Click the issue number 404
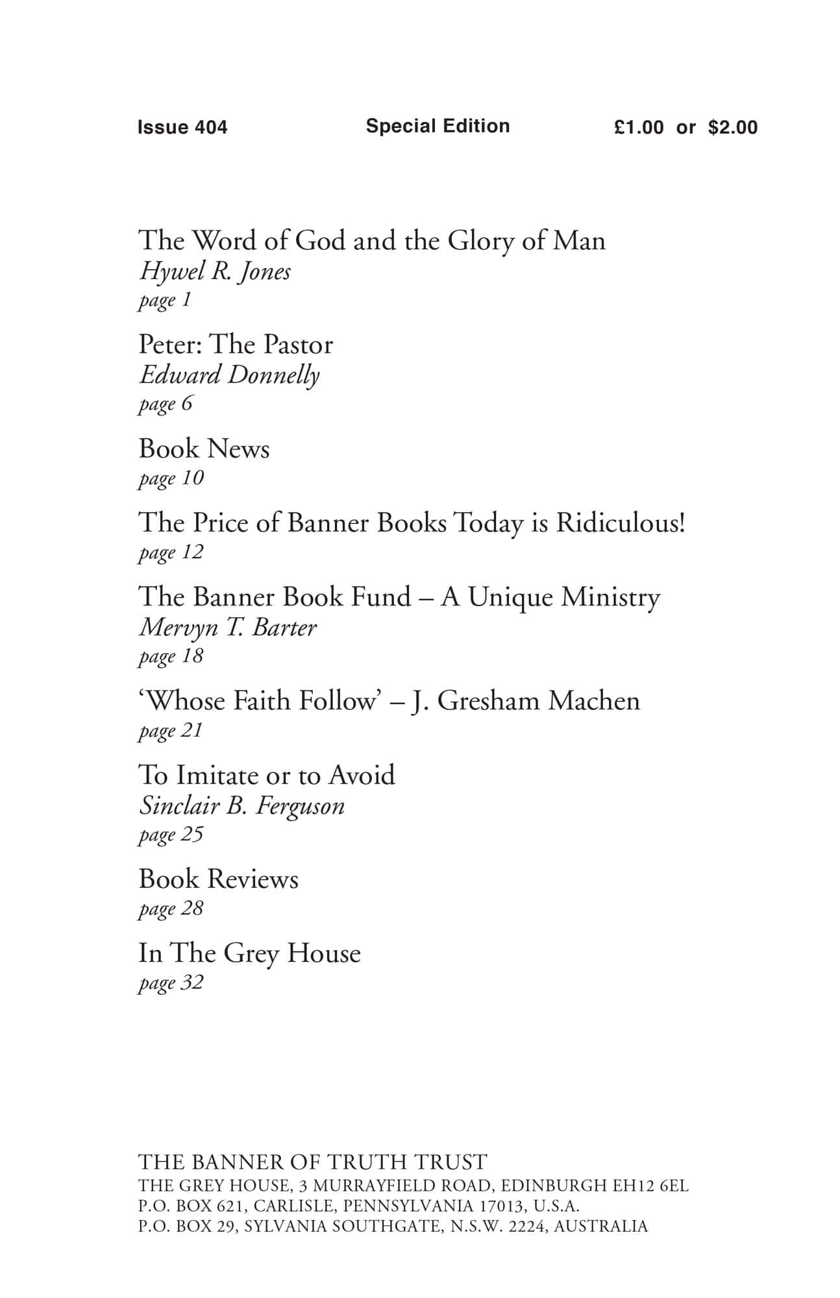pos(211,127)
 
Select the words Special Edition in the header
pos(438,126)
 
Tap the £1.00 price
pos(639,127)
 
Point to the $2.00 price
pos(733,127)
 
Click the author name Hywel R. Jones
pos(215,271)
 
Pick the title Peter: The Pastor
pos(236,345)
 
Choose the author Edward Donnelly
pos(229,375)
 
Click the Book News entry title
pos(204,449)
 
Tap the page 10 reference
pos(171,479)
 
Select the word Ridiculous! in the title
pos(621,523)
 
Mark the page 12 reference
pos(171,553)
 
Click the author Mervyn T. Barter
pos(228,628)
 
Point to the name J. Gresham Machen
pos(526,702)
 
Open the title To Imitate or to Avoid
pos(267,776)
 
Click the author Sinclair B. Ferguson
pos(241,806)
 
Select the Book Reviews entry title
pos(219,879)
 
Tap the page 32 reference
pos(171,983)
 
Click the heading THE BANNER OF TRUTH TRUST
pos(312,1162)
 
